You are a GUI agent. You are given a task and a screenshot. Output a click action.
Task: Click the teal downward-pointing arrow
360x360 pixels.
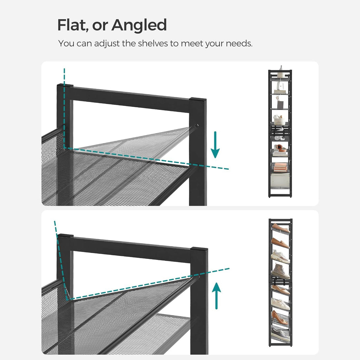coord(215,145)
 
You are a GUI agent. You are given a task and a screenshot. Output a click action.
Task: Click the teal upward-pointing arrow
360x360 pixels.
coord(216,296)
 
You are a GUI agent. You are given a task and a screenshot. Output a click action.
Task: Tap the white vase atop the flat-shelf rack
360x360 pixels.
coord(280,72)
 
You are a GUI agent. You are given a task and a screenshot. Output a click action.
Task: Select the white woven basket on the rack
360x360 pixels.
coord(279,120)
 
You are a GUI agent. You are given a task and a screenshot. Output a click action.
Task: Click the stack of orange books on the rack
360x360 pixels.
coord(280,167)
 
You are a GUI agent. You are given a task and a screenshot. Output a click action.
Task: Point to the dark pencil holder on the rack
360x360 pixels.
coord(280,104)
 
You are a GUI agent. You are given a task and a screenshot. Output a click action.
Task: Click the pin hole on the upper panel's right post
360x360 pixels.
coord(197,126)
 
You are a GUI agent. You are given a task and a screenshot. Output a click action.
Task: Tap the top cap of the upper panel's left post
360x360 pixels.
coord(65,86)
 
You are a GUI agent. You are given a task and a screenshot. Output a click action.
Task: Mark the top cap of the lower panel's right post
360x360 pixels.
coord(199,249)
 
